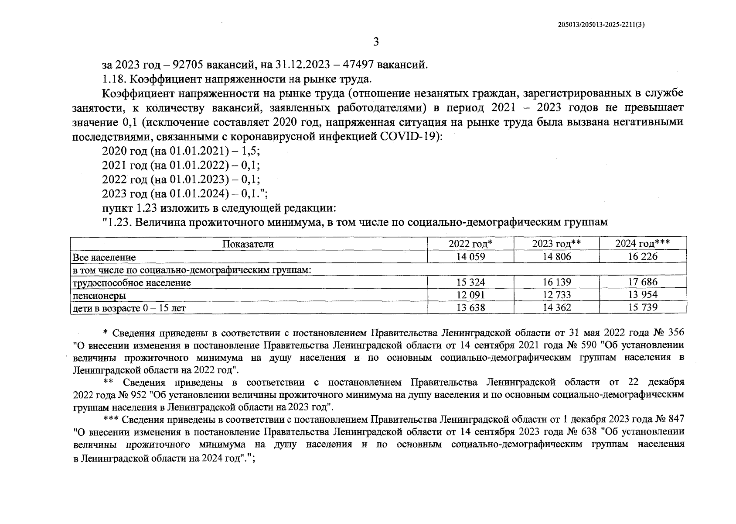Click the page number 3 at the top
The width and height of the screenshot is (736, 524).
point(376,42)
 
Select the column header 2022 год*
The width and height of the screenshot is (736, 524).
point(470,244)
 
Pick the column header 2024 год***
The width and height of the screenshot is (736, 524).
point(642,244)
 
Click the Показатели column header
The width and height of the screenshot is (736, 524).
point(248,245)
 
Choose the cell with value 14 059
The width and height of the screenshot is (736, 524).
point(470,257)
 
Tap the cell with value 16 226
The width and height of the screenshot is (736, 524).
point(642,257)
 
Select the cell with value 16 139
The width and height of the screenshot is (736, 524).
point(556,283)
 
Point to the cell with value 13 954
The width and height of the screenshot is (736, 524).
point(642,295)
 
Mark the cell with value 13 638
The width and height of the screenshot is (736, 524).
point(470,308)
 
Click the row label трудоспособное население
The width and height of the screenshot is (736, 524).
point(132,283)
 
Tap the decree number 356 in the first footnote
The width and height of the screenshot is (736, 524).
point(675,333)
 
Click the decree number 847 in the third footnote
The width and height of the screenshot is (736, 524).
point(675,420)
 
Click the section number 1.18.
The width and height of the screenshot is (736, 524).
point(114,79)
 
